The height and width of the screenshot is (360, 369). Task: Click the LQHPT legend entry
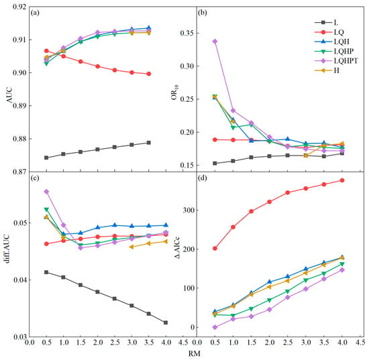336,60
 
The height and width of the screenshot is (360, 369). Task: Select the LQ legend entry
329,32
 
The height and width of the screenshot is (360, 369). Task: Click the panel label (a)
35,13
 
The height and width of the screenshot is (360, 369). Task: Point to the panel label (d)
203,178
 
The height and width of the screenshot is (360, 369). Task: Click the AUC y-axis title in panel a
9,95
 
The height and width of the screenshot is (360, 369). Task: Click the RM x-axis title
195,353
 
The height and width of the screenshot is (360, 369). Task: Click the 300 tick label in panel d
189,210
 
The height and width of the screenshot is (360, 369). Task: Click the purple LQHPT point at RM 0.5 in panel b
215,42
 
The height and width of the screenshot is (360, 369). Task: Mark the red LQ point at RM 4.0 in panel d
342,180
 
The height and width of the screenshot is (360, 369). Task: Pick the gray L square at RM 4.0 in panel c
166,322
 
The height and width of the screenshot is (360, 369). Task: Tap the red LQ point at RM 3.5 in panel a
149,74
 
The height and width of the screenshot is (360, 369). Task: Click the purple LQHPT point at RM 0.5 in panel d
215,327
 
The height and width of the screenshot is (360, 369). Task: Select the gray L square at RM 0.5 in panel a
46,158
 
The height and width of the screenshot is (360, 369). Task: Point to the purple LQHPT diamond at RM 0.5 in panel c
46,192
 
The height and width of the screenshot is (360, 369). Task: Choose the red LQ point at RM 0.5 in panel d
215,248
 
